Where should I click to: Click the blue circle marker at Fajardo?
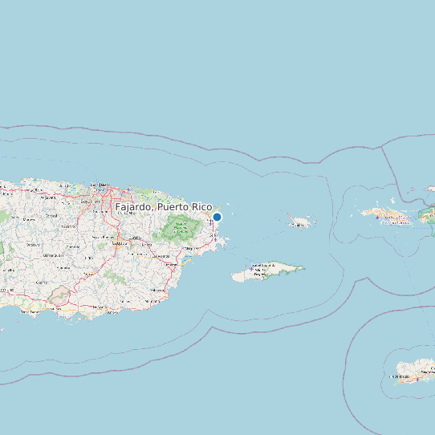(217, 217)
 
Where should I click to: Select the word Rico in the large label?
(201, 207)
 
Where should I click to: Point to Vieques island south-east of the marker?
(268, 272)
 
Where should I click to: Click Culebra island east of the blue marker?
(299, 222)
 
